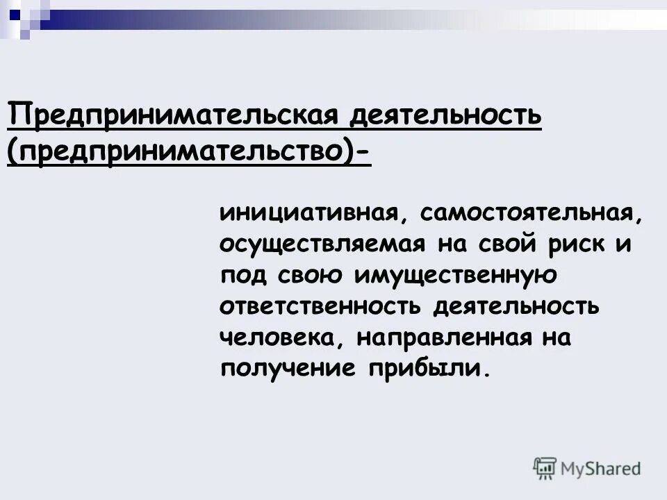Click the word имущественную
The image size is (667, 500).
[x=456, y=276]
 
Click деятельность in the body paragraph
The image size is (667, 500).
[x=518, y=307]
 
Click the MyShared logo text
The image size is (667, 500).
[x=600, y=468]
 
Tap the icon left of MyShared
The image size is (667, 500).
[x=545, y=468]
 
